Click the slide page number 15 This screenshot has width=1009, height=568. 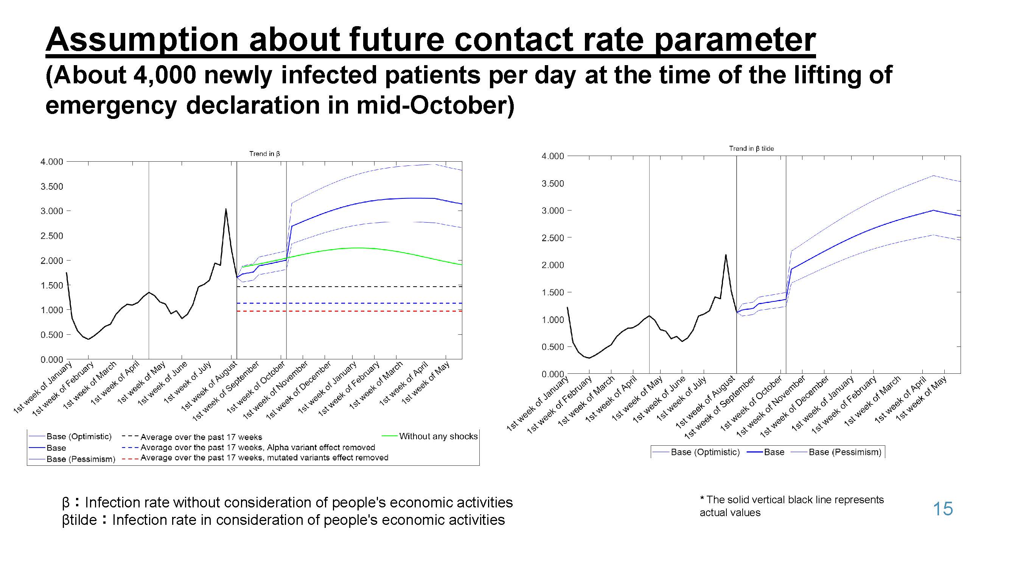(942, 509)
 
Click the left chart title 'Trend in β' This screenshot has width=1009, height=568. (264, 154)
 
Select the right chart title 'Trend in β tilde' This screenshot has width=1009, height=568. (751, 148)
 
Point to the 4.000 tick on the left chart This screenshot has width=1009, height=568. (52, 162)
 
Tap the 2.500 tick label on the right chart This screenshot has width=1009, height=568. (553, 238)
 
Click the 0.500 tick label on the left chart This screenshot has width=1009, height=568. (52, 335)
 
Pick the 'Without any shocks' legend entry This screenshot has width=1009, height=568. (438, 436)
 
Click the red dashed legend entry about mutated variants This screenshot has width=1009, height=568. (264, 457)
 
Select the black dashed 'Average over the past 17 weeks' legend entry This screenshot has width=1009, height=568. (201, 437)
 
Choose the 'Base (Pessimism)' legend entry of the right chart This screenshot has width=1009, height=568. (844, 452)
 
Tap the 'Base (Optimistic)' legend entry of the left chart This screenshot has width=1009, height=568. (79, 436)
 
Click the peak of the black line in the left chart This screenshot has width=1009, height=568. (225, 209)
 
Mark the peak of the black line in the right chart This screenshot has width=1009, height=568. (725, 255)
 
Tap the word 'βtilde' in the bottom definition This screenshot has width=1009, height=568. (79, 520)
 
